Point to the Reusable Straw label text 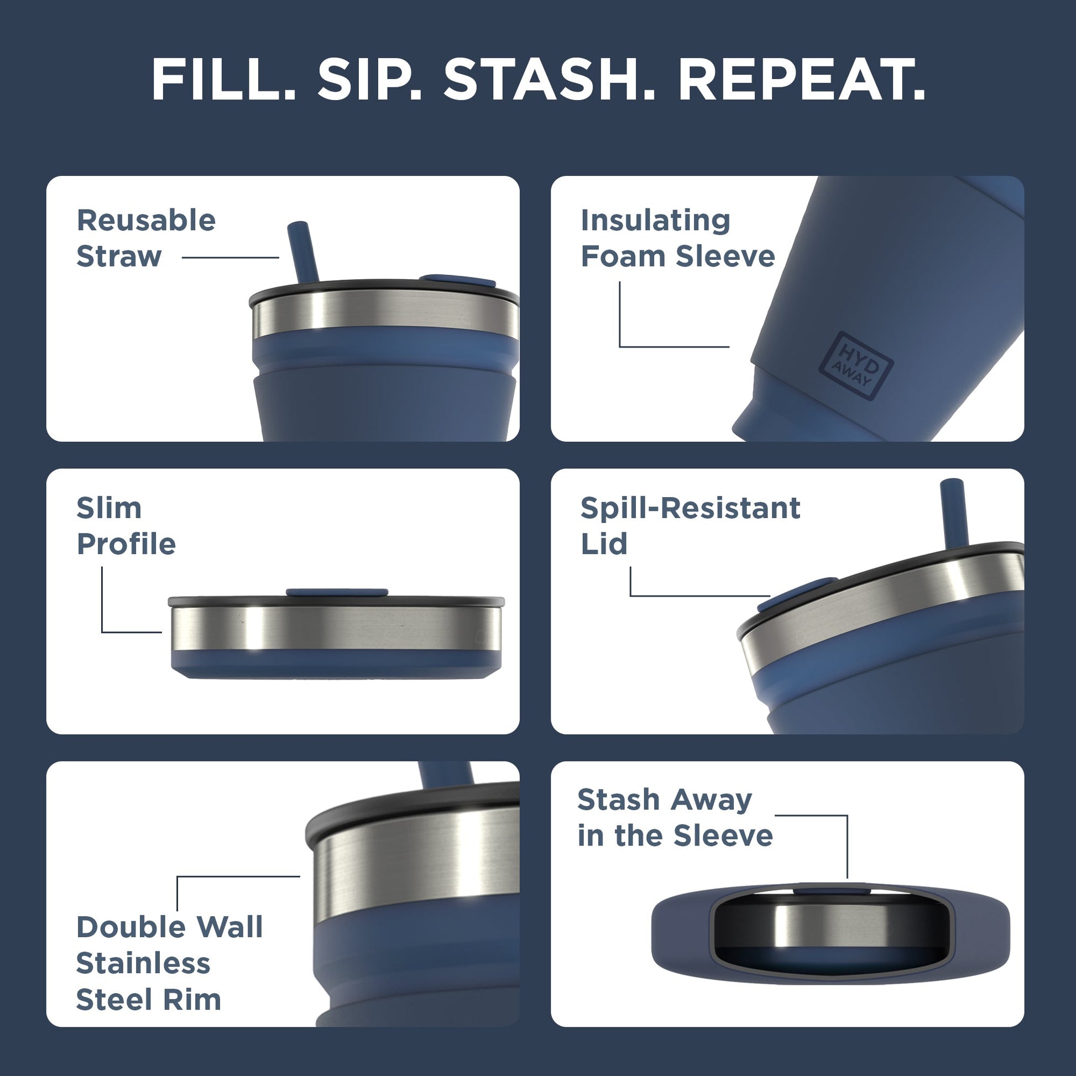pos(145,238)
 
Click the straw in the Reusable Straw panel pos(302,252)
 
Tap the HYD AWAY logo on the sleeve pos(855,366)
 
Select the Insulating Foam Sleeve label pos(677,238)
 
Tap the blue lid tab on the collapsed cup pos(337,592)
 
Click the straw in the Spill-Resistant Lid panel pos(952,511)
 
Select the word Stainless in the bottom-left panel pos(143,963)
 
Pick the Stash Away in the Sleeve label pos(675,818)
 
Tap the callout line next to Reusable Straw pos(230,257)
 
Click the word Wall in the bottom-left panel pos(229,927)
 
